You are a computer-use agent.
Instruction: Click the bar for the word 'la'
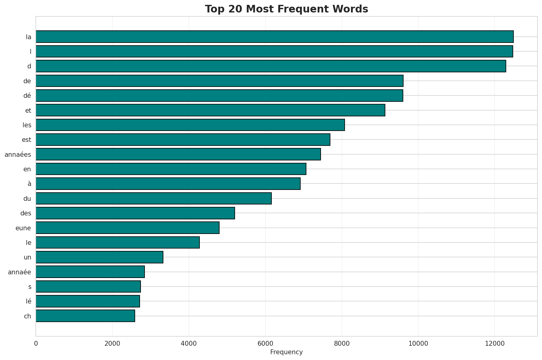(274, 36)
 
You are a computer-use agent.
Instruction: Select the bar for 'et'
(210, 110)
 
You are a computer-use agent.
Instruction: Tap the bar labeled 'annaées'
(178, 154)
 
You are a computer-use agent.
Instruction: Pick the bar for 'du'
(154, 198)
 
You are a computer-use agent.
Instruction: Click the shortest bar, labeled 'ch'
(85, 316)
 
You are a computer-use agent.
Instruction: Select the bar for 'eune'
(128, 228)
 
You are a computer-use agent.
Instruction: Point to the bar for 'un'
(100, 257)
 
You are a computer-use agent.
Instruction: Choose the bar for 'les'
(190, 125)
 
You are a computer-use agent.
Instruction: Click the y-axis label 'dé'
(27, 96)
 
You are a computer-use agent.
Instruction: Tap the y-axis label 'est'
(26, 140)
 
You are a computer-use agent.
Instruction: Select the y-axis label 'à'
(29, 184)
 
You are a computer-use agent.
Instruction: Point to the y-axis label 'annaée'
(19, 272)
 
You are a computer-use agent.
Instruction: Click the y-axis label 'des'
(26, 213)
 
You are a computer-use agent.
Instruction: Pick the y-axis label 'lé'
(28, 301)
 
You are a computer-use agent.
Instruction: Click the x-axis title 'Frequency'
(286, 352)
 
